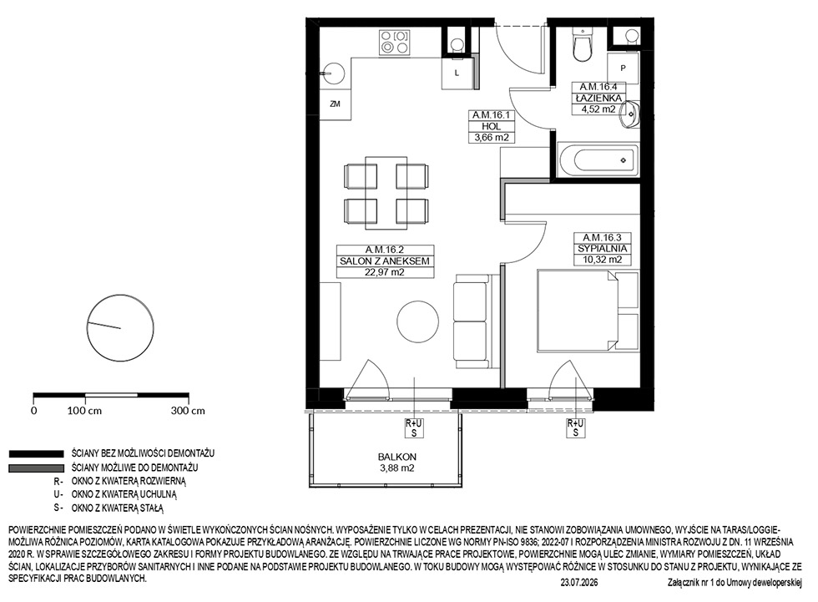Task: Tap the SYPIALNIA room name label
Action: (602, 249)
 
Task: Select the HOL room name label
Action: (492, 126)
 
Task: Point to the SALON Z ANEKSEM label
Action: (385, 261)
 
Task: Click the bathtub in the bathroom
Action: (598, 159)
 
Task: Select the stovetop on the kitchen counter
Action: (394, 43)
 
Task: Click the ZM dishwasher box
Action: (335, 104)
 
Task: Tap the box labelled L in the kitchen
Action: (457, 73)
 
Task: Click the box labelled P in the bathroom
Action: (623, 68)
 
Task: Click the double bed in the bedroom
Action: (588, 310)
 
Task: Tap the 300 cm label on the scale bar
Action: (188, 411)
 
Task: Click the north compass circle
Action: (120, 328)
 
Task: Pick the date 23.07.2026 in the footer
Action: (579, 583)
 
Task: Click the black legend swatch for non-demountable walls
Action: (36, 454)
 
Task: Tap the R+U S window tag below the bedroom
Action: (576, 427)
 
